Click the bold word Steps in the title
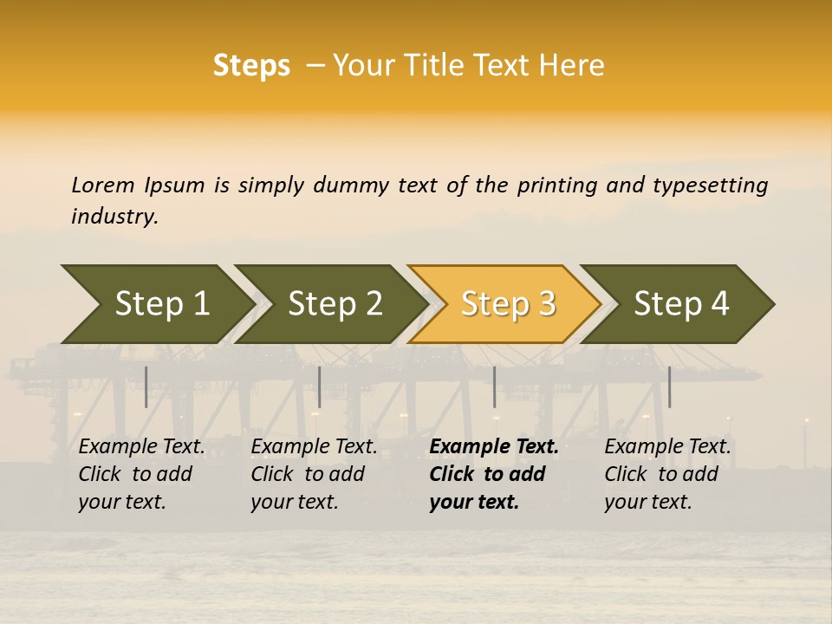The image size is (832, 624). click(251, 66)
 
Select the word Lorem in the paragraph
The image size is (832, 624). click(103, 185)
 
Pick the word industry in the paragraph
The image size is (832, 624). click(114, 216)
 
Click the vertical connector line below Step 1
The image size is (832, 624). click(146, 387)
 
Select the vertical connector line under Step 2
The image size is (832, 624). click(320, 387)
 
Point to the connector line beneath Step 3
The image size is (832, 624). click(495, 387)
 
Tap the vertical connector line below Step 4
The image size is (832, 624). click(669, 387)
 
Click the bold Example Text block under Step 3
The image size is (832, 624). click(494, 474)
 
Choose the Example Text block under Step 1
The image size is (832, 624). click(141, 474)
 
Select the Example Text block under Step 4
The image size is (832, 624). click(667, 474)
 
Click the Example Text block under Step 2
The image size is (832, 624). click(314, 474)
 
